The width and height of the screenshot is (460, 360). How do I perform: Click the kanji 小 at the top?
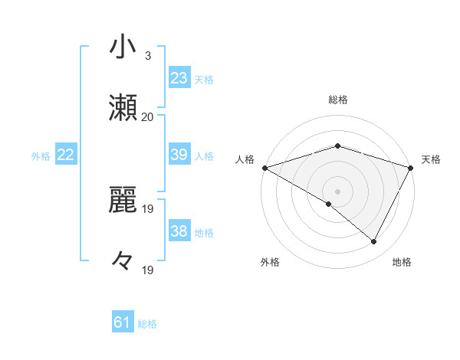click(x=123, y=47)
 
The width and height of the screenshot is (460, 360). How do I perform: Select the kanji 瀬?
click(x=123, y=108)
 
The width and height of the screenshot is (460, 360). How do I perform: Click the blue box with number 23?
click(x=179, y=78)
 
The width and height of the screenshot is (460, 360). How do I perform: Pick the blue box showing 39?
click(x=179, y=155)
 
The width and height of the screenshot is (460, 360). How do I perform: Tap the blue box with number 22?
click(x=66, y=155)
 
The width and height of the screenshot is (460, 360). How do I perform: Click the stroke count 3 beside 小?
click(x=148, y=55)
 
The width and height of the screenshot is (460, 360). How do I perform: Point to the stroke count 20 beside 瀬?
click(x=148, y=116)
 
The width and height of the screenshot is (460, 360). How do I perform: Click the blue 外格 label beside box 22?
click(x=41, y=156)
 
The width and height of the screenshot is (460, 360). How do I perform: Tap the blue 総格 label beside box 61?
click(x=147, y=324)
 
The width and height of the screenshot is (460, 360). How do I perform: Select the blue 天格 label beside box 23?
click(x=204, y=79)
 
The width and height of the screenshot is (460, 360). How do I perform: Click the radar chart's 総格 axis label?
click(x=338, y=100)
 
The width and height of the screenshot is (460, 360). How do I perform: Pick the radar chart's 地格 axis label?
click(x=402, y=262)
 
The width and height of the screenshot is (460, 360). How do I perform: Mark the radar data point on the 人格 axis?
click(x=264, y=167)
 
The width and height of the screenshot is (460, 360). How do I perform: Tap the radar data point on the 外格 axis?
click(x=329, y=204)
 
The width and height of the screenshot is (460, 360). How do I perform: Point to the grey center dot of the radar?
click(x=338, y=191)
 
